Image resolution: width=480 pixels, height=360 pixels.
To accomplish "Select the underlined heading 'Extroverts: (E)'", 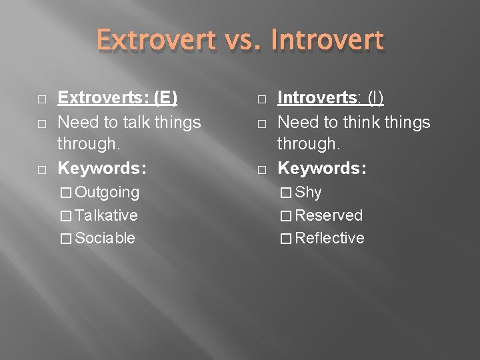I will tap(117, 98).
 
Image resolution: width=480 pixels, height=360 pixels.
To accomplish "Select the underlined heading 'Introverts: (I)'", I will tap(331, 98).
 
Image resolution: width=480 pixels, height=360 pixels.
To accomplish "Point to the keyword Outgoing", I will tap(107, 193).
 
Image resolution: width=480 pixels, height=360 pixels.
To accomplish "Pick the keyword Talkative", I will tap(107, 215).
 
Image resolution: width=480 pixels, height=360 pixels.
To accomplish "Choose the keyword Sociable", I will tap(105, 238).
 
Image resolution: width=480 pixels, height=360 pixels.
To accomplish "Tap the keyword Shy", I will tap(309, 193).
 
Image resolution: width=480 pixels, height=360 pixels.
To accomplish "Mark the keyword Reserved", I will tap(329, 215).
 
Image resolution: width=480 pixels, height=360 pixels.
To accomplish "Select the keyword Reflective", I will tap(329, 238).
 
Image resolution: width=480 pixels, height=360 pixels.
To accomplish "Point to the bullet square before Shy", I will tap(286, 193).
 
